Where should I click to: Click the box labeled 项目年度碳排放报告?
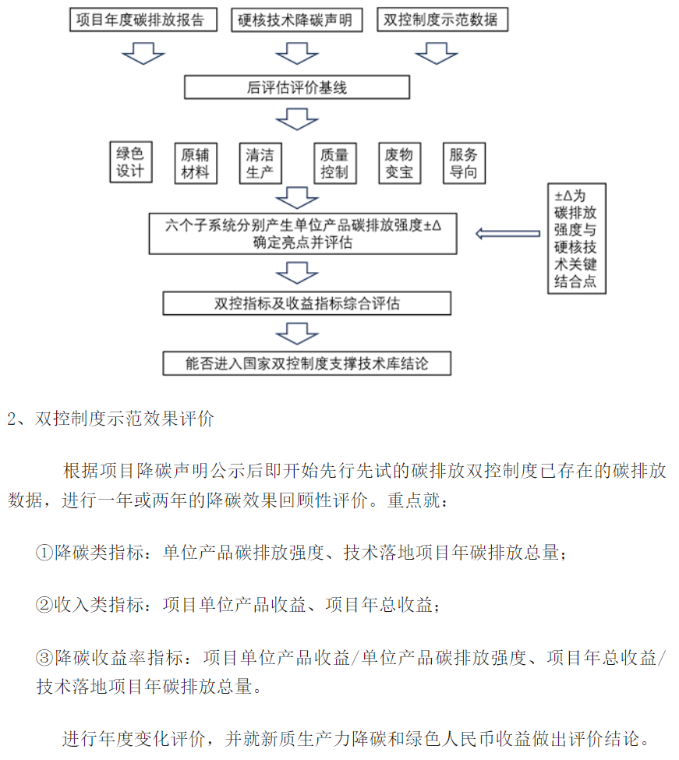click(x=143, y=19)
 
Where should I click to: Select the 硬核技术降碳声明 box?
click(x=296, y=19)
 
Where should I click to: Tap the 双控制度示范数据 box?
click(x=443, y=19)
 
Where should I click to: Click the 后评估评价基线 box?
click(x=296, y=87)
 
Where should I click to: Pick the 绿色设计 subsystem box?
click(x=131, y=162)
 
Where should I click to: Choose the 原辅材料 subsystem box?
click(x=196, y=164)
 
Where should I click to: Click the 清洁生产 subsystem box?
click(x=260, y=164)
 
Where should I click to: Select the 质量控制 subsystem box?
click(x=335, y=164)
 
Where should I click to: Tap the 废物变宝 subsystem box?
click(x=399, y=164)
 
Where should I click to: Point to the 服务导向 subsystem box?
click(x=464, y=164)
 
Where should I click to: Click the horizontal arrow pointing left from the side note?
click(x=507, y=234)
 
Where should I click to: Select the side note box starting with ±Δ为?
click(x=577, y=239)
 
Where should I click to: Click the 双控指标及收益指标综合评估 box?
click(x=307, y=303)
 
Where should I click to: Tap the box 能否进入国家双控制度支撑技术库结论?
click(x=307, y=363)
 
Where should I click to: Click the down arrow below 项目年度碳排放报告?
click(x=143, y=53)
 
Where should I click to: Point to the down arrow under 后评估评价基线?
click(x=296, y=119)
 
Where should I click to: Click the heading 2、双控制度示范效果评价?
click(x=111, y=419)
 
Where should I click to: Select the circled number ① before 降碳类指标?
click(x=44, y=552)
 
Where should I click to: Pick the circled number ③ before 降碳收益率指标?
click(x=44, y=657)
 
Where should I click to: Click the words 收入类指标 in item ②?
click(x=98, y=605)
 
